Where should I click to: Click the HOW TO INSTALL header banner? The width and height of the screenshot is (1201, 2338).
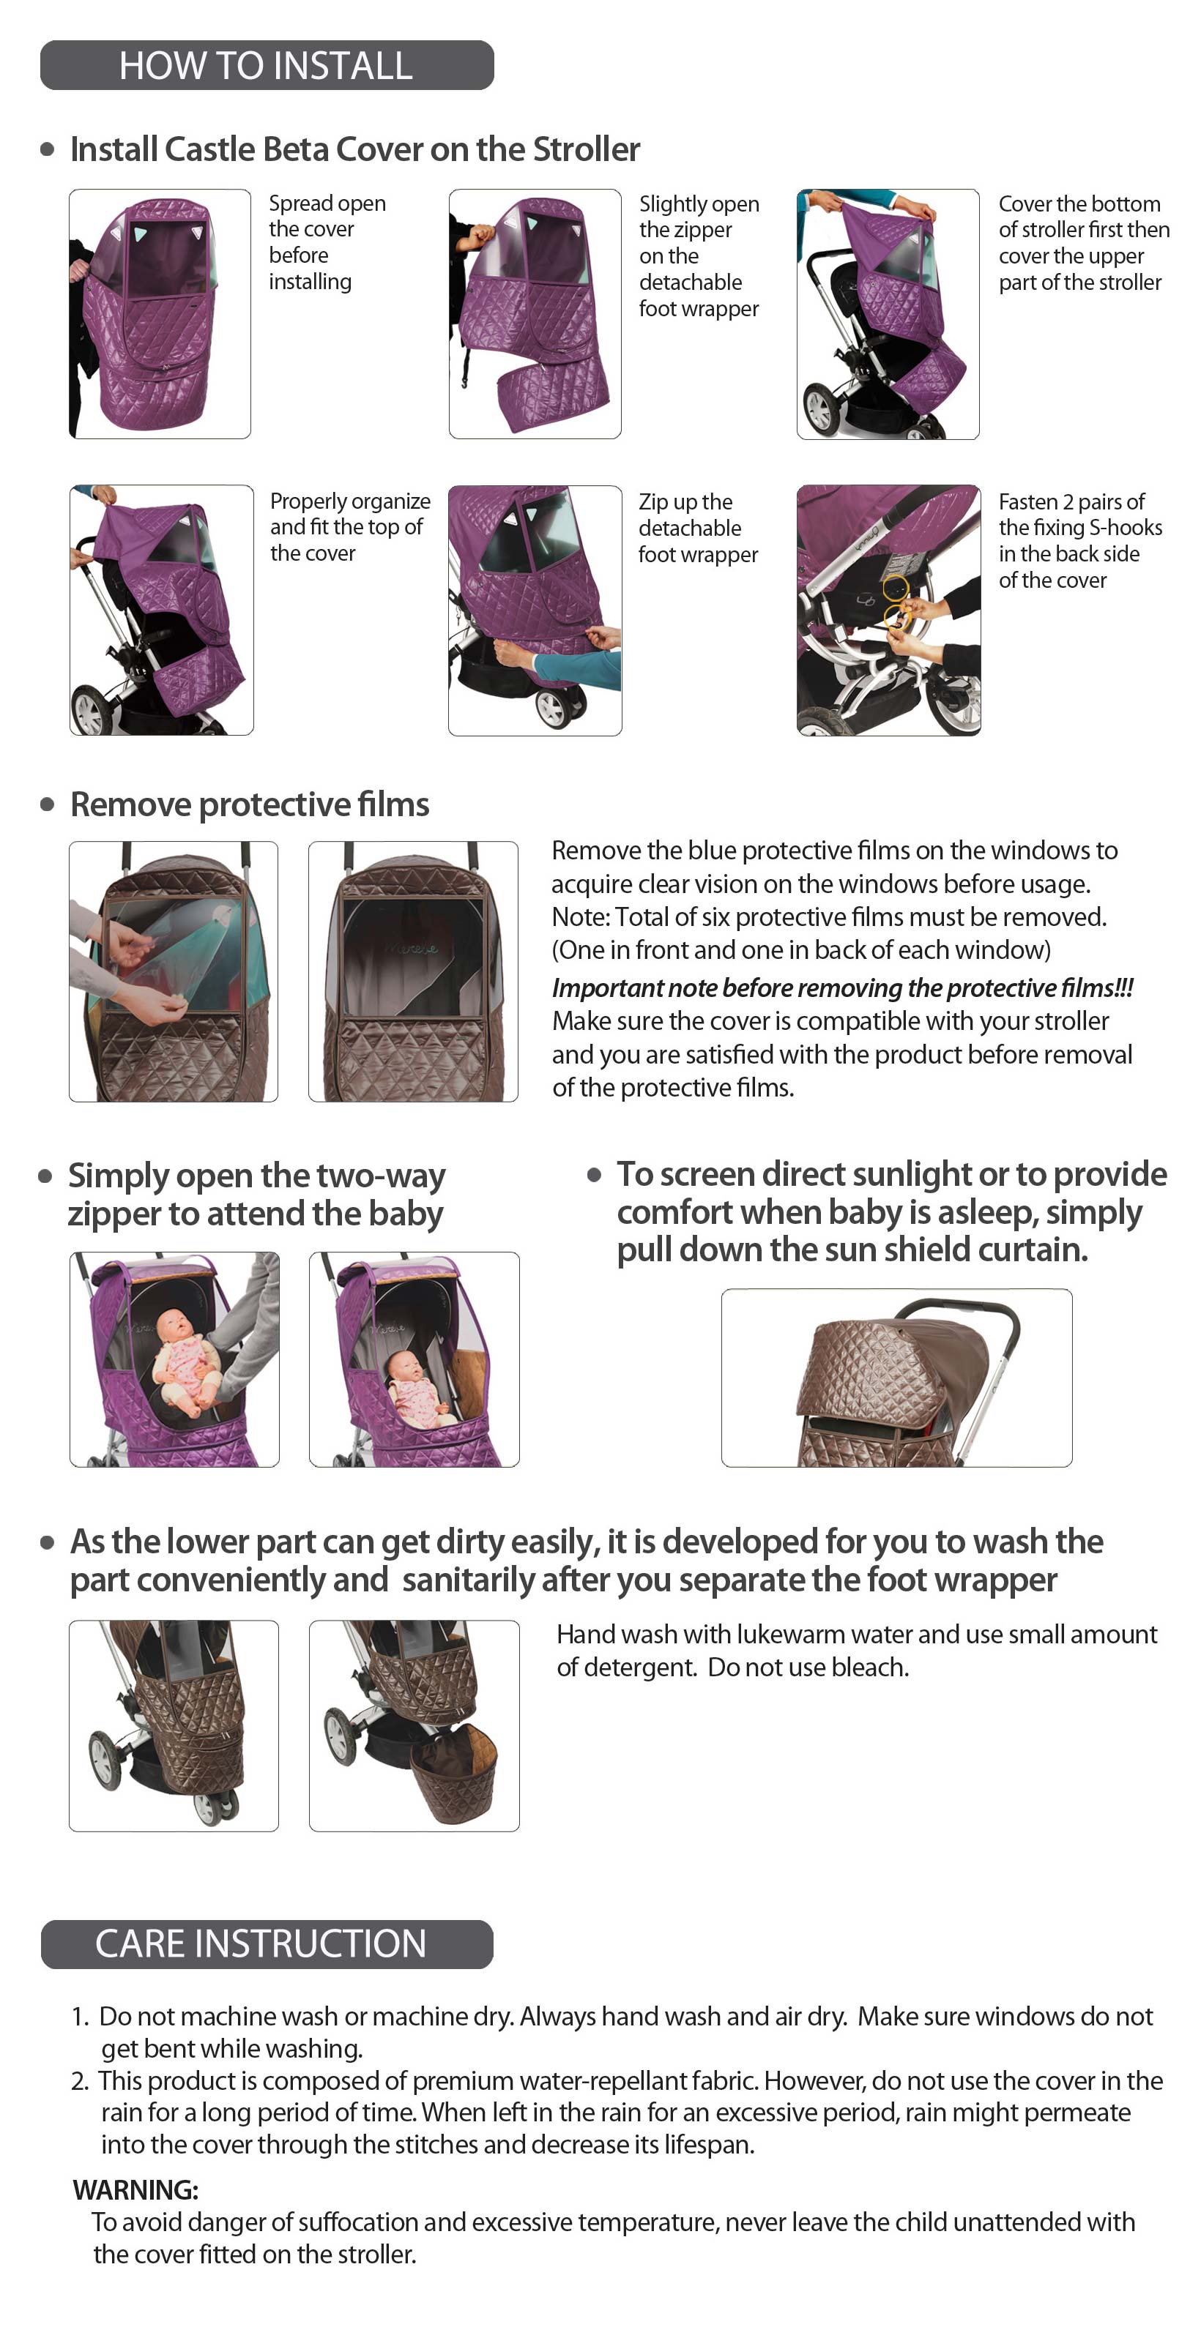point(267,65)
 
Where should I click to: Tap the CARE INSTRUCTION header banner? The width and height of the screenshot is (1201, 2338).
point(267,1943)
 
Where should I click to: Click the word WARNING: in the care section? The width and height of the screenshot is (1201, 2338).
point(135,2189)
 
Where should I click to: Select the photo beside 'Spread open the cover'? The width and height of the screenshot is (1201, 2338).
point(160,314)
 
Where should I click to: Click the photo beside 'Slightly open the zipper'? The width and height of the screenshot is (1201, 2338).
point(535,314)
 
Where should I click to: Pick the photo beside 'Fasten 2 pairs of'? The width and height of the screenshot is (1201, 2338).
point(889,610)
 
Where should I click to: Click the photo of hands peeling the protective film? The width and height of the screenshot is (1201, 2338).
point(174,971)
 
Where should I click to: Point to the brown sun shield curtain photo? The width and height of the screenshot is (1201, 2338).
point(897,1378)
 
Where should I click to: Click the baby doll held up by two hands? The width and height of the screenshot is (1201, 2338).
point(182,1362)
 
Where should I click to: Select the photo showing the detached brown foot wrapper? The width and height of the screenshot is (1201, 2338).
point(414,1725)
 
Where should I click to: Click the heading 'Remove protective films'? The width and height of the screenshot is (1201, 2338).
point(250,804)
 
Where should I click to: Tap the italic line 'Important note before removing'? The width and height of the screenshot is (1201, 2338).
point(842,987)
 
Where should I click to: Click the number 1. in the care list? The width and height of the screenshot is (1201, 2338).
point(80,2016)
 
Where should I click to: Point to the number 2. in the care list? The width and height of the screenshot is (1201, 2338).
point(80,2080)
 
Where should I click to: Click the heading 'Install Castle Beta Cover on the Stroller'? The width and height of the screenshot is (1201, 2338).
point(355,149)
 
